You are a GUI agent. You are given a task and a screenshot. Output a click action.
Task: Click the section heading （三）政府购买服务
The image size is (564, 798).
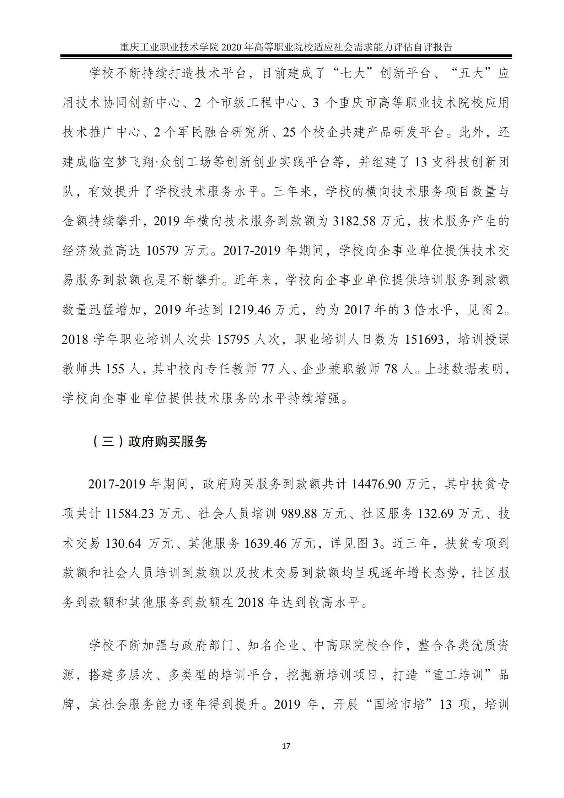tap(150, 441)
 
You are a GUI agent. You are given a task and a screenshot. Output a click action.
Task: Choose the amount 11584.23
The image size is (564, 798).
tap(130, 514)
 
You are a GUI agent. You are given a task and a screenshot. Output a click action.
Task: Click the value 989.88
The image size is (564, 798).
tap(298, 514)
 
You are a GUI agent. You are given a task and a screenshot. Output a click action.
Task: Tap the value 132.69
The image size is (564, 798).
tap(435, 514)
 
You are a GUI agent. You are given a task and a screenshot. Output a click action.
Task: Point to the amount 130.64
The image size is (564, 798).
tap(123, 543)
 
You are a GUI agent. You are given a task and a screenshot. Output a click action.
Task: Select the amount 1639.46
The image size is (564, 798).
tap(265, 543)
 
